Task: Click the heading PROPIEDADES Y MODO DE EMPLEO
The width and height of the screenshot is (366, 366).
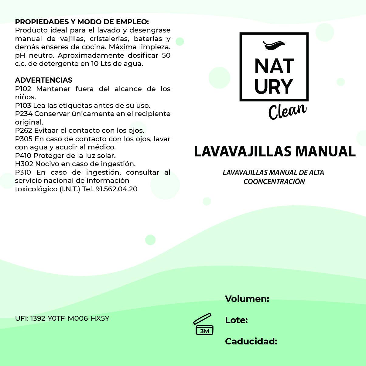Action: pos(82,22)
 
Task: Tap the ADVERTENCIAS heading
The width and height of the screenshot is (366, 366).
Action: pos(44,80)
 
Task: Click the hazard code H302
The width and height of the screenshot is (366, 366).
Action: pos(24,164)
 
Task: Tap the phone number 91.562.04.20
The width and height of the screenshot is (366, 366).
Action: pos(116,189)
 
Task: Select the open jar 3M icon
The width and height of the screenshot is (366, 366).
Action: pos(204,324)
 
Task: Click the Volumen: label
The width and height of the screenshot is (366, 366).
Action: pos(247,299)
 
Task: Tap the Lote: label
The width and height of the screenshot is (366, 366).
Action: pos(236,320)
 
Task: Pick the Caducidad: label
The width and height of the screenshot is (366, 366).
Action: pos(251,341)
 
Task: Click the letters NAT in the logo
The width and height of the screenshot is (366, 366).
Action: pos(274,66)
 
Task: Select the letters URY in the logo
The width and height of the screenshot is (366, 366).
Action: pos(274,87)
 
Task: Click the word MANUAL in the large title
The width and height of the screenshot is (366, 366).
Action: pos(325,152)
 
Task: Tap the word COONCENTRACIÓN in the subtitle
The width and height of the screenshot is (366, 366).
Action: pos(274,182)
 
